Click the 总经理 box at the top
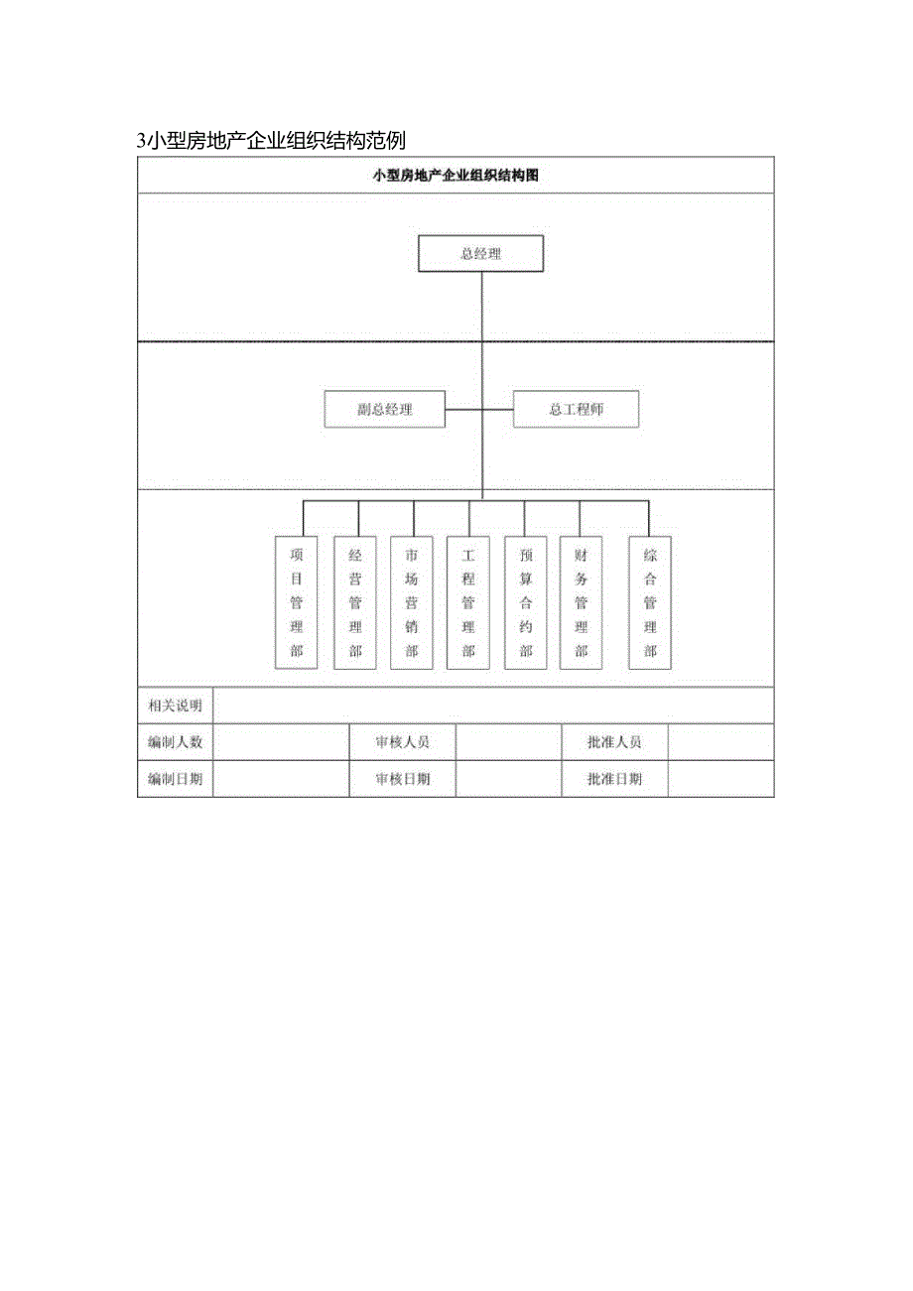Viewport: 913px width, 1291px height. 481,253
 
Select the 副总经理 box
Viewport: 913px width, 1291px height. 384,409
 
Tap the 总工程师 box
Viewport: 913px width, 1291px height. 576,409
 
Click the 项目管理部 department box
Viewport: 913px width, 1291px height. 296,602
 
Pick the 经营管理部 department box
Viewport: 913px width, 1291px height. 355,602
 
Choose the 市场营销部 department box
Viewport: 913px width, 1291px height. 412,602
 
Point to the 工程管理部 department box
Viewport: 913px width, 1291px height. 468,602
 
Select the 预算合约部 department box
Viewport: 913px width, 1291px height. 526,602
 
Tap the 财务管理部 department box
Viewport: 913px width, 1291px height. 582,602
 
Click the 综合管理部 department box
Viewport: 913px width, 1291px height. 650,602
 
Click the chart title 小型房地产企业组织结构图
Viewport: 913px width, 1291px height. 456,175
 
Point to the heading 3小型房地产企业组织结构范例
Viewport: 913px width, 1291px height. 271,141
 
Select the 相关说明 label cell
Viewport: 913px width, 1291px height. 175,706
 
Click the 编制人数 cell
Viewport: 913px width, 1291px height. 175,742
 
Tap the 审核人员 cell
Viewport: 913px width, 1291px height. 403,742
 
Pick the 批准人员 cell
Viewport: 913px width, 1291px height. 614,742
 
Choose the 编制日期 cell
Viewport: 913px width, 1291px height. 175,779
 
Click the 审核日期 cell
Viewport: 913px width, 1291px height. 403,779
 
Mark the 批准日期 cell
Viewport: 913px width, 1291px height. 614,779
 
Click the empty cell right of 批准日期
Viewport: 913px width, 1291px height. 720,779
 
